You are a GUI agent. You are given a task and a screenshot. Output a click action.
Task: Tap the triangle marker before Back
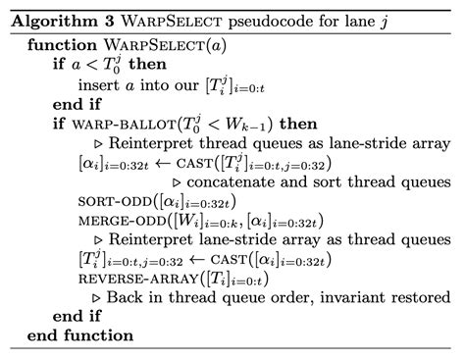pyautogui.click(x=111, y=296)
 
